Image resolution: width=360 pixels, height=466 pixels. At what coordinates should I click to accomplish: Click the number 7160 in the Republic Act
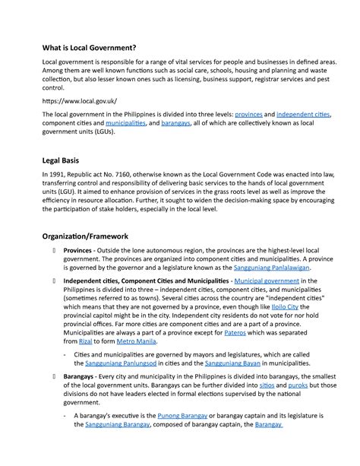point(142,176)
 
